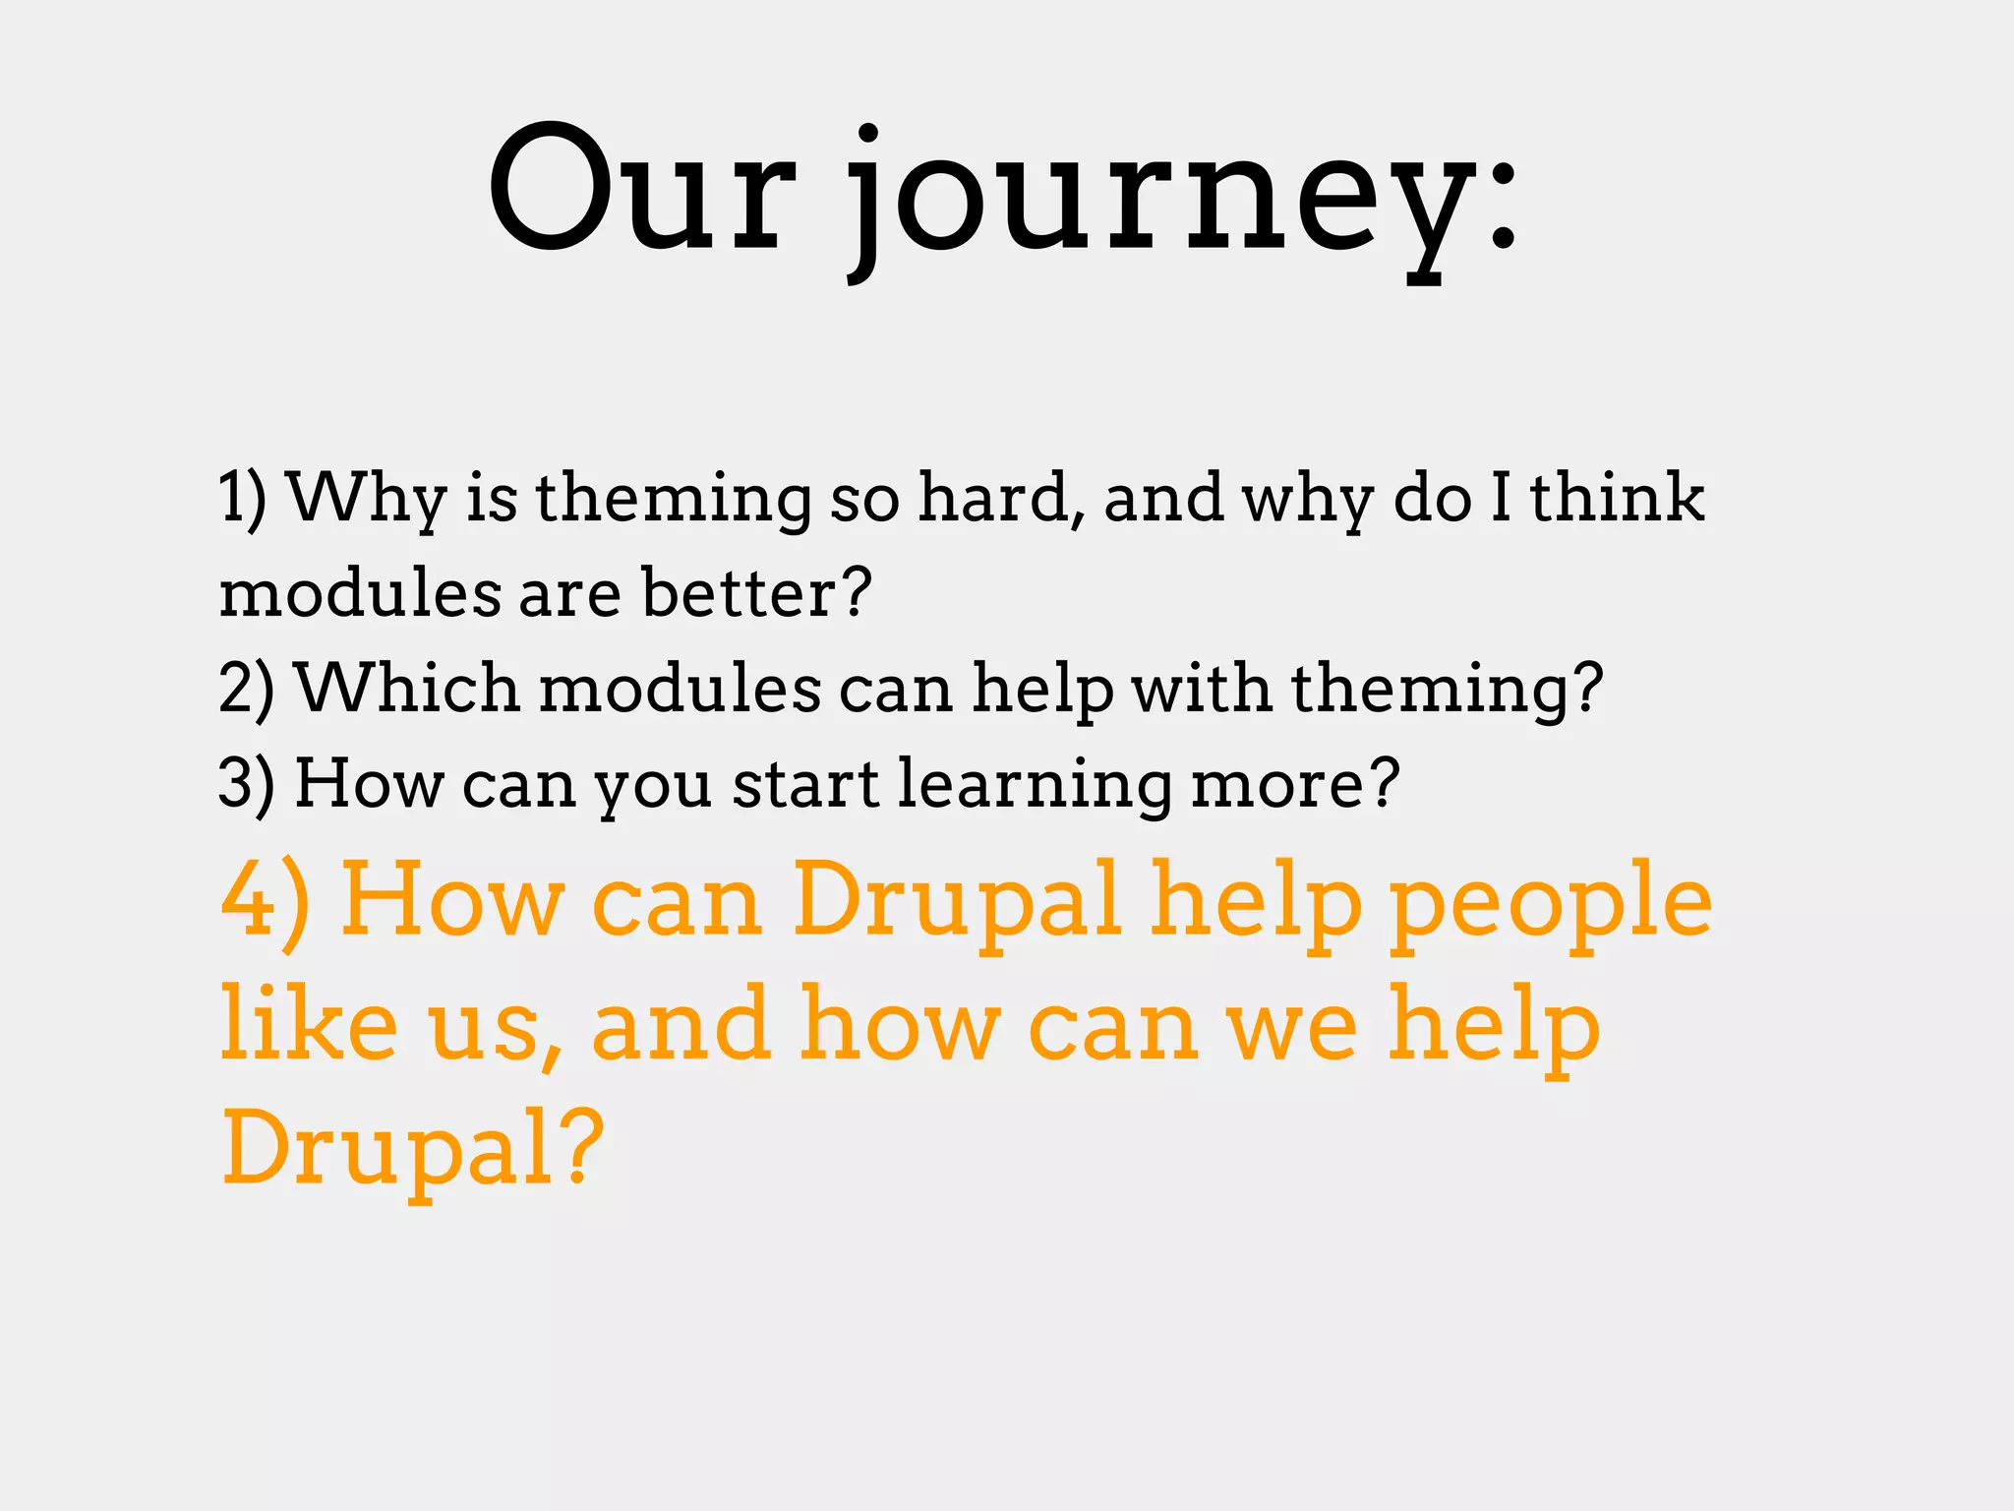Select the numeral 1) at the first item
click(242, 498)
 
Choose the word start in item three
click(805, 784)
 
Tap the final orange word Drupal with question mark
click(411, 1148)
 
